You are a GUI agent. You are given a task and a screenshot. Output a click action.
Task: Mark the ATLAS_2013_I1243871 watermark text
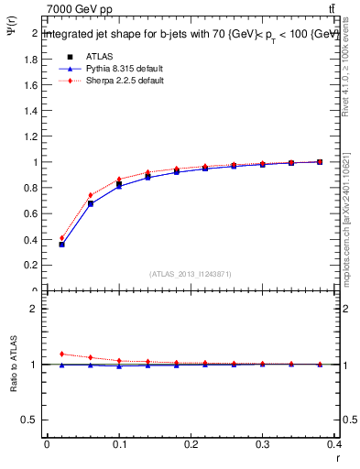[191, 273]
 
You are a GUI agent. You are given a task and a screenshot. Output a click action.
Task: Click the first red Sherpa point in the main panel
[61, 238]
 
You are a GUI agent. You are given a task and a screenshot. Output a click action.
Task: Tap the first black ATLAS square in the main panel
[61, 245]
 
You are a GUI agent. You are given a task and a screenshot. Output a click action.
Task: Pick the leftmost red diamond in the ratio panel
[61, 354]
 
